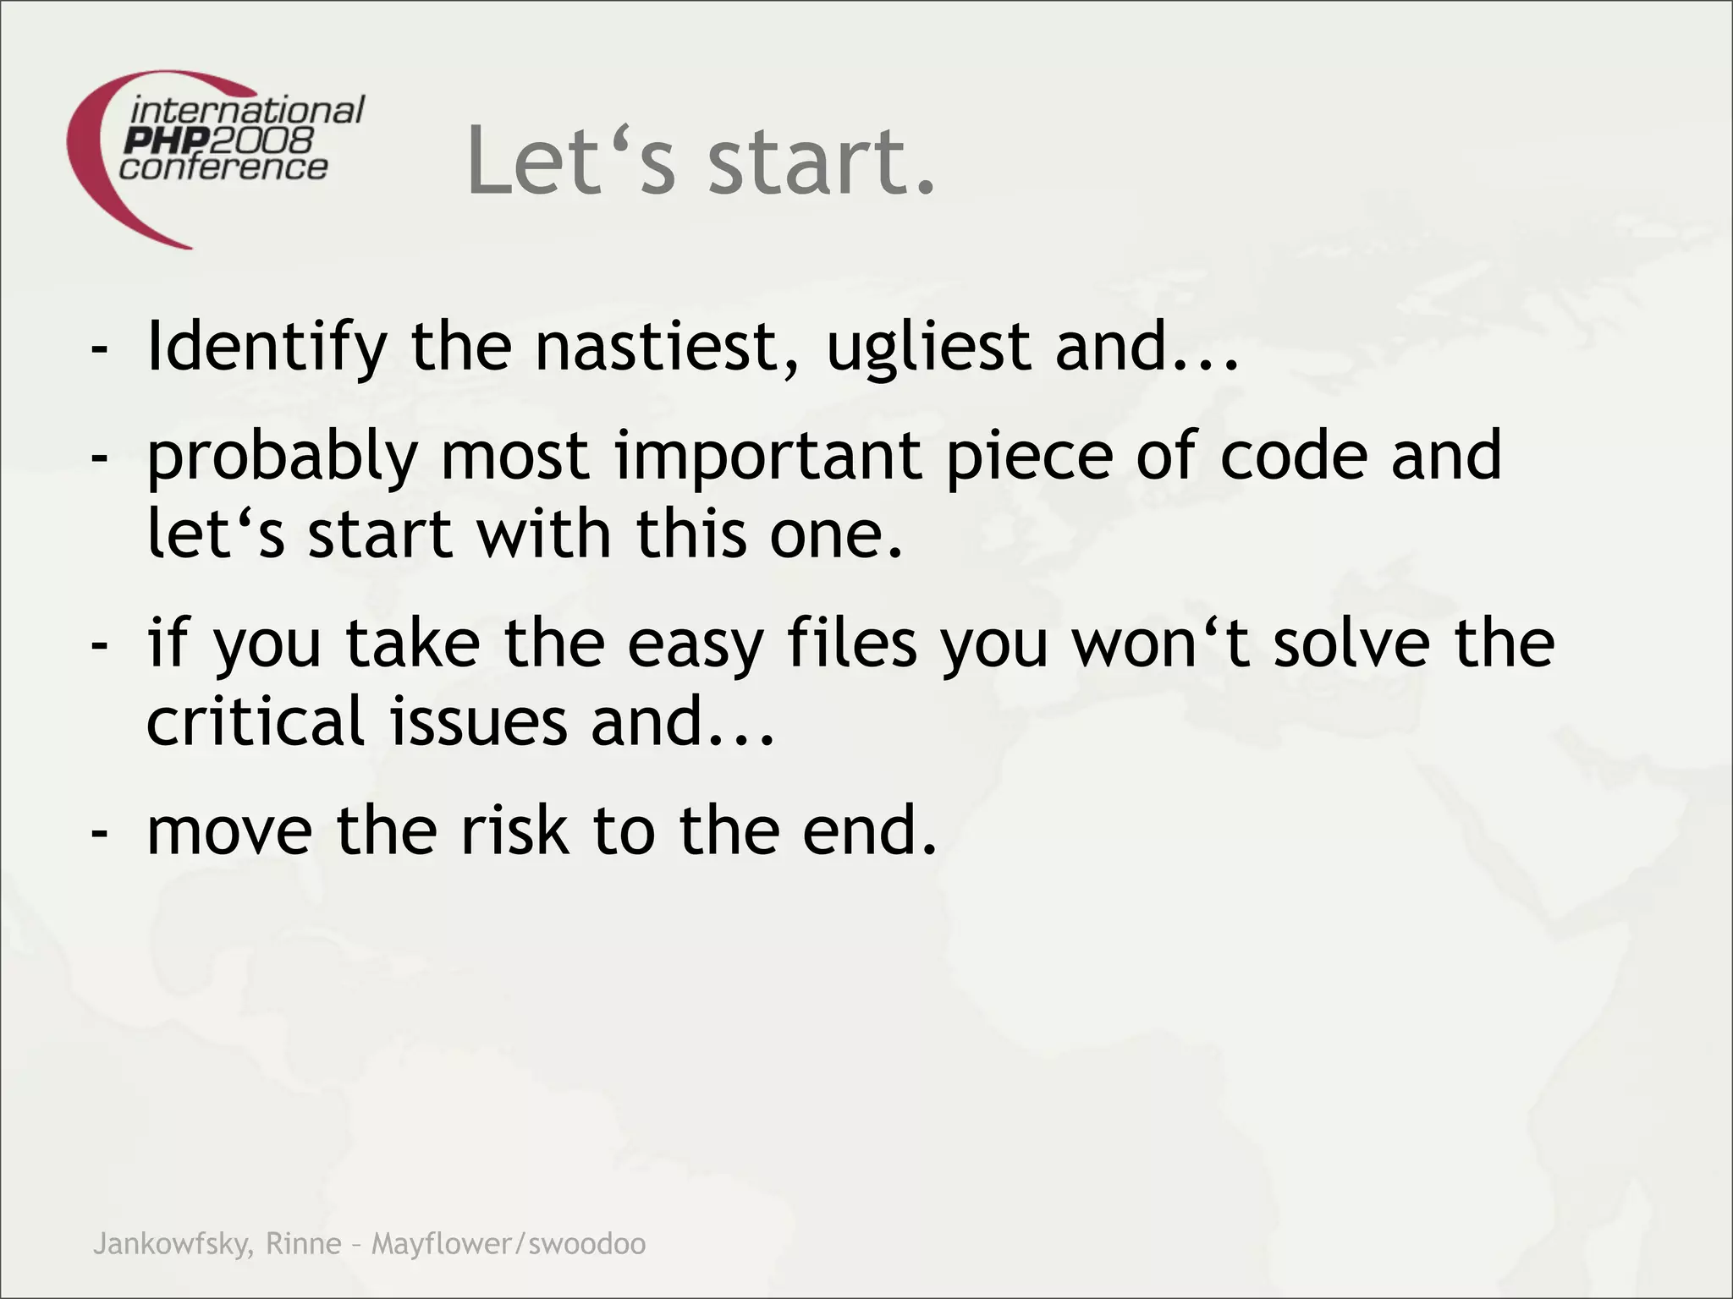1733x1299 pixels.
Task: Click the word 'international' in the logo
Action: point(247,111)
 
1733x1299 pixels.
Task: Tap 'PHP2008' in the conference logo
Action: point(218,140)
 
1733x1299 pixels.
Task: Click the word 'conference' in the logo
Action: point(223,167)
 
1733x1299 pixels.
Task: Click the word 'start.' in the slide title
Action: point(822,161)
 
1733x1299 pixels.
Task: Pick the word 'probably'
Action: point(283,457)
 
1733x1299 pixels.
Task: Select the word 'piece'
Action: point(1029,457)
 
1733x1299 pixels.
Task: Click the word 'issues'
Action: point(478,721)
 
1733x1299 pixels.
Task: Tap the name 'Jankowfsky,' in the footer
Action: point(173,1244)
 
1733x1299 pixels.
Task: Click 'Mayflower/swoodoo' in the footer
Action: point(509,1244)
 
